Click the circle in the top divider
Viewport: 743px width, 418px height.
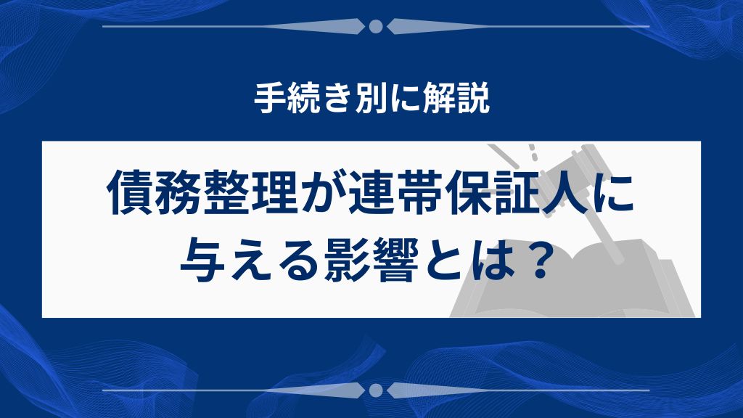(376, 27)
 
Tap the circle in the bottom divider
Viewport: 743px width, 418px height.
(376, 390)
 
